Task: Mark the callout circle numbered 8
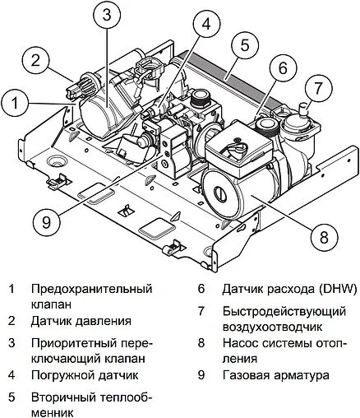323,237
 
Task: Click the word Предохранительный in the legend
90,290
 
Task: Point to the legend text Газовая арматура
275,374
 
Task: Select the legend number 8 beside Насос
201,343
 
